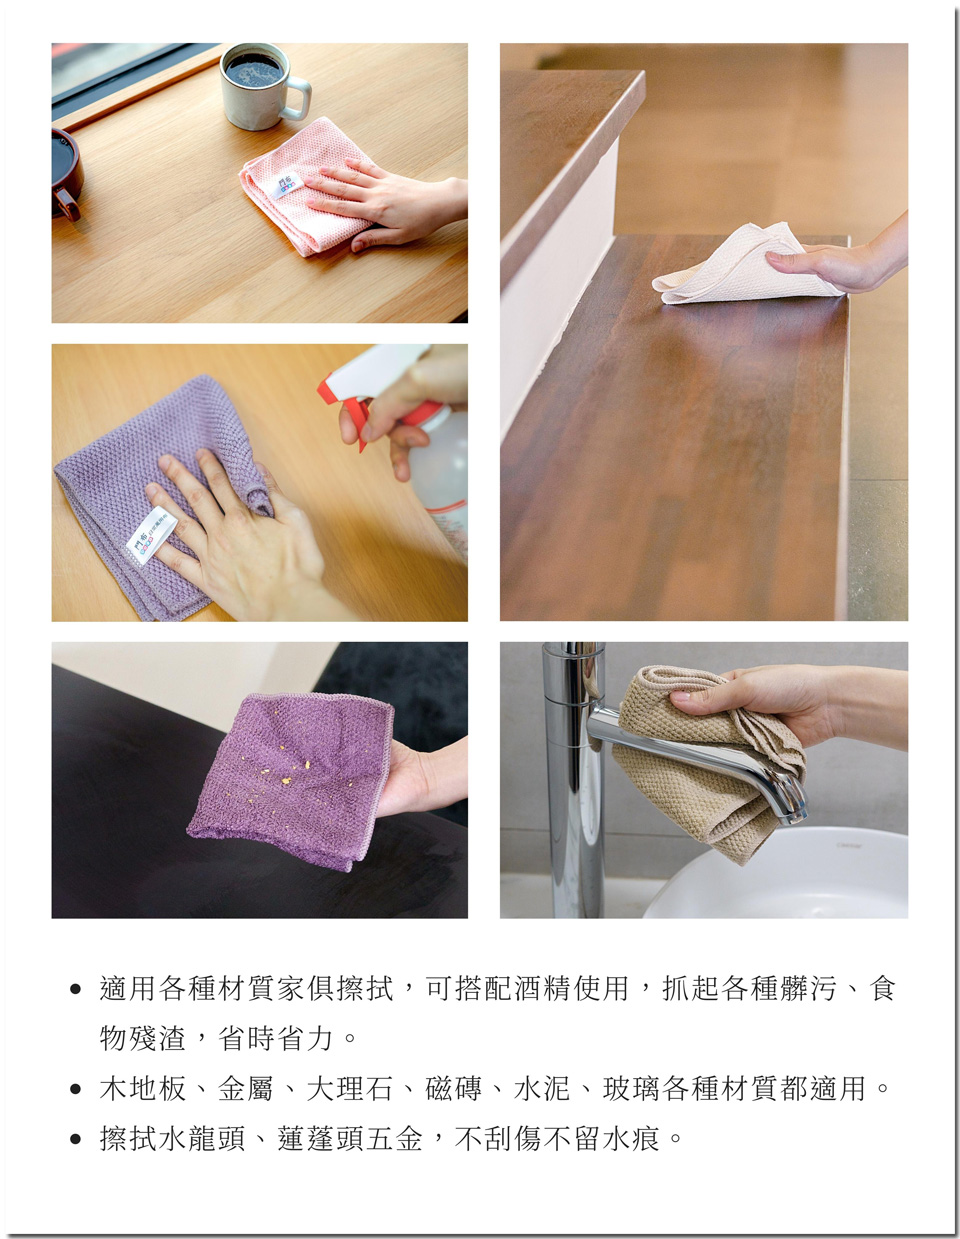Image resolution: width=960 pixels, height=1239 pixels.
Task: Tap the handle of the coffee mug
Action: (x=299, y=98)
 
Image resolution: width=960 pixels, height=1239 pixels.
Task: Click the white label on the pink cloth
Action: (x=286, y=185)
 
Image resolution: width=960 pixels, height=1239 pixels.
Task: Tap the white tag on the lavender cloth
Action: (x=151, y=535)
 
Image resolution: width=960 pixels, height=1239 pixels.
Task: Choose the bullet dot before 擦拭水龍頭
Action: (x=75, y=1139)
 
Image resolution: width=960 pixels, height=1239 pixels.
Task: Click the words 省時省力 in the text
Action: (x=275, y=1038)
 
